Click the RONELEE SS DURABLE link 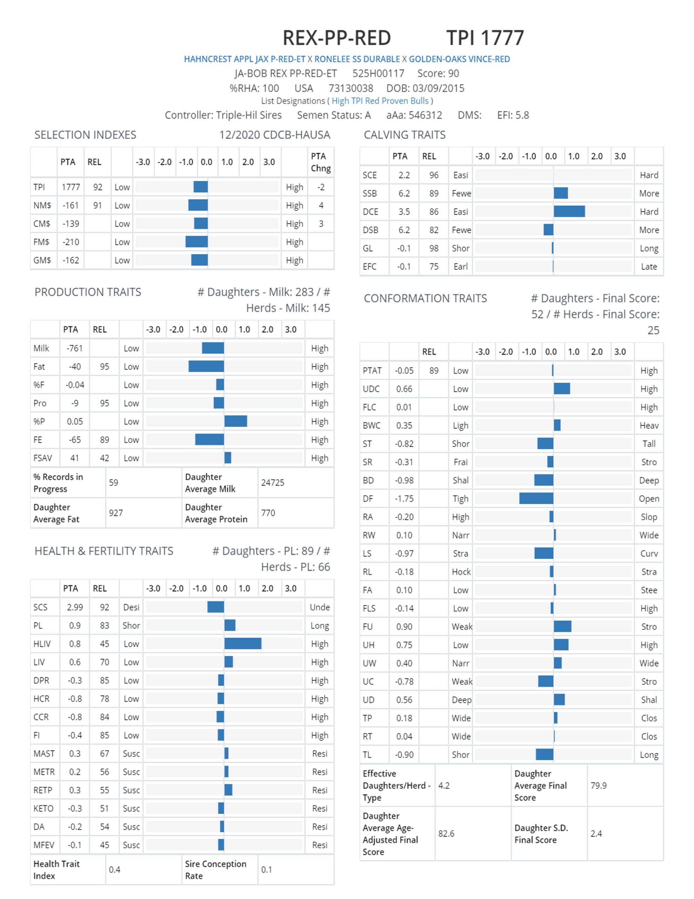357,59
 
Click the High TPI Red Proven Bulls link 380,101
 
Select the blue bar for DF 536,498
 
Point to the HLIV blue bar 243,643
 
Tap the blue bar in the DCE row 569,211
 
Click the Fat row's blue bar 206,366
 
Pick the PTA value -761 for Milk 74,348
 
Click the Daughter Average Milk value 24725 272,483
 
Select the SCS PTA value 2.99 75,607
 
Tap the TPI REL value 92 98,187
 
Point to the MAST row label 44,753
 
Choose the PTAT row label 372,370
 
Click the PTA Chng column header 321,162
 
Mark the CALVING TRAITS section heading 405,135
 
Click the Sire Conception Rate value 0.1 267,870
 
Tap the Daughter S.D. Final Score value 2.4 596,834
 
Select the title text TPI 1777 485,38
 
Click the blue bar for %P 236,421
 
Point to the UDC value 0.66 405,389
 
